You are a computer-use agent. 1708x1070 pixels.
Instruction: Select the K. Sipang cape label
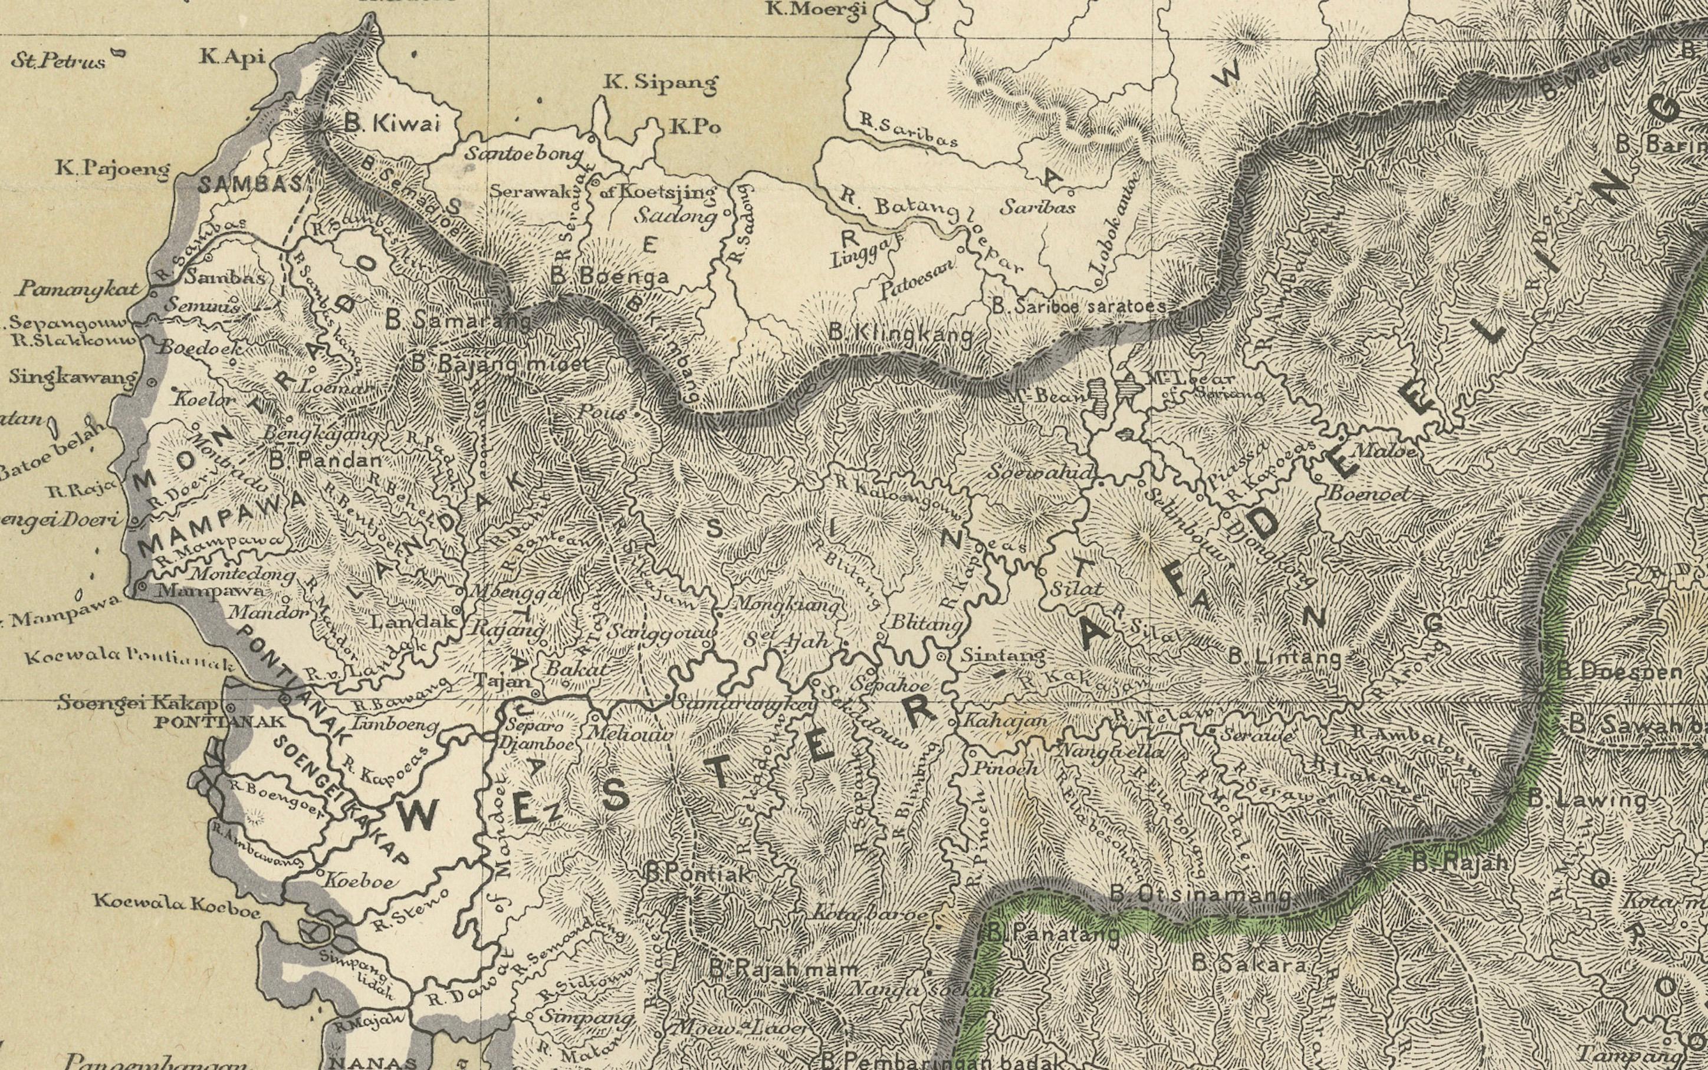coord(660,83)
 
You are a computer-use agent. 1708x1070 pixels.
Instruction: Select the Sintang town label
coord(1001,656)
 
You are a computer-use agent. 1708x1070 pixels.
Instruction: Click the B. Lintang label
coord(1285,658)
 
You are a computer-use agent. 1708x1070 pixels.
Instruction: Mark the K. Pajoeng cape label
coord(113,169)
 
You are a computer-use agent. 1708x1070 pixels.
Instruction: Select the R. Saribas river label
coord(908,130)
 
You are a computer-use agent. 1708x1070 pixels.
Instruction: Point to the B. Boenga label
coord(609,276)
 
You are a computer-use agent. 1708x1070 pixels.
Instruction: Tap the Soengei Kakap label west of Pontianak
coord(137,704)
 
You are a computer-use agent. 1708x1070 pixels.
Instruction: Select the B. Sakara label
coord(1248,963)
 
